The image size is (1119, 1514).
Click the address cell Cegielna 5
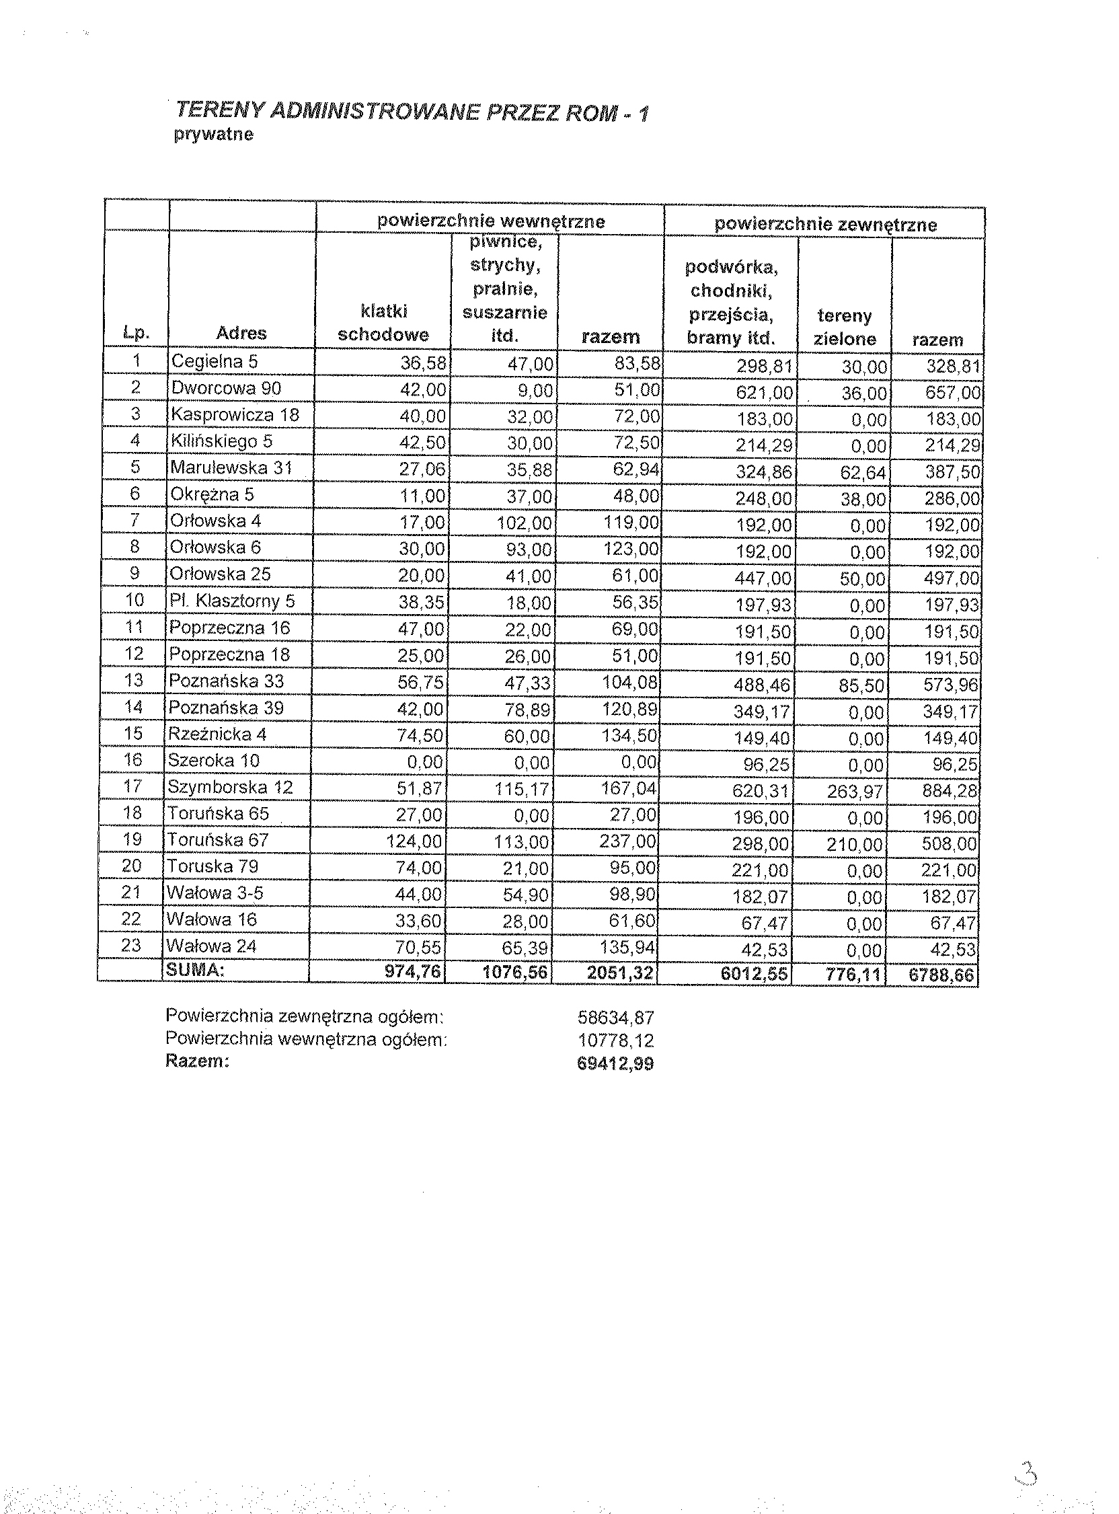pyautogui.click(x=214, y=361)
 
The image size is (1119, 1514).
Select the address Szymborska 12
pyautogui.click(x=230, y=787)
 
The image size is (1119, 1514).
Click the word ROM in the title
pyautogui.click(x=590, y=112)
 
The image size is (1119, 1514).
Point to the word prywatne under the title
pyautogui.click(x=213, y=134)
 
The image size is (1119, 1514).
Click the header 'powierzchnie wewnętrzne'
pyautogui.click(x=490, y=221)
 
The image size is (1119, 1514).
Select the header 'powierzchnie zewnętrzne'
pyautogui.click(x=825, y=224)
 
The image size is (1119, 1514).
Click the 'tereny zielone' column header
pyautogui.click(x=844, y=327)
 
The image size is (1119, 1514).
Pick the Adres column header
pyautogui.click(x=241, y=333)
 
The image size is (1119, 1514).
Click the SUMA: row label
pyautogui.click(x=195, y=970)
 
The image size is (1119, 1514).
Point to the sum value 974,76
pyautogui.click(x=412, y=971)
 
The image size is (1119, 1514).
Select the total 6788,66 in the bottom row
pyautogui.click(x=941, y=975)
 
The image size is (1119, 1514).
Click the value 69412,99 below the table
pyautogui.click(x=615, y=1063)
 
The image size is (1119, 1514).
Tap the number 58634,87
pyautogui.click(x=615, y=1018)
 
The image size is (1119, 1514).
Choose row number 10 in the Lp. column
pyautogui.click(x=134, y=600)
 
